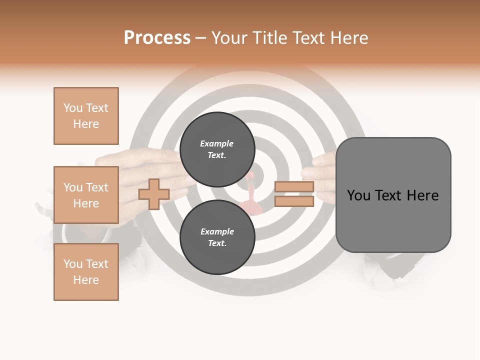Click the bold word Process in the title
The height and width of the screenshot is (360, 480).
point(157,38)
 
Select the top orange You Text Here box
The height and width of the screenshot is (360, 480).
point(86,116)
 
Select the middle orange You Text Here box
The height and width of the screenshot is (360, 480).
point(86,195)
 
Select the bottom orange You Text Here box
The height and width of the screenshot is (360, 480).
point(86,272)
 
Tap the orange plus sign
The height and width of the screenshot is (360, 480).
point(154,194)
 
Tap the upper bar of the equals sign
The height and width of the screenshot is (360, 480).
point(294,187)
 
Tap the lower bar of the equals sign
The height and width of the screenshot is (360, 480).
point(294,201)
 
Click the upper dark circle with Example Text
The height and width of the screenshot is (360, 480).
point(217,149)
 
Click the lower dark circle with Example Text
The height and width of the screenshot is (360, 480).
point(217,237)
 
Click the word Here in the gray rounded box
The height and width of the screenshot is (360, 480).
point(422,195)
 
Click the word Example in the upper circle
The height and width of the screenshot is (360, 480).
point(216,143)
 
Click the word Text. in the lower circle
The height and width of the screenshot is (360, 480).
point(217,243)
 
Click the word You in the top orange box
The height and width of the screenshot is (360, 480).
point(73,108)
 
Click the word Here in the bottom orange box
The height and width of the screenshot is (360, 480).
point(86,280)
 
